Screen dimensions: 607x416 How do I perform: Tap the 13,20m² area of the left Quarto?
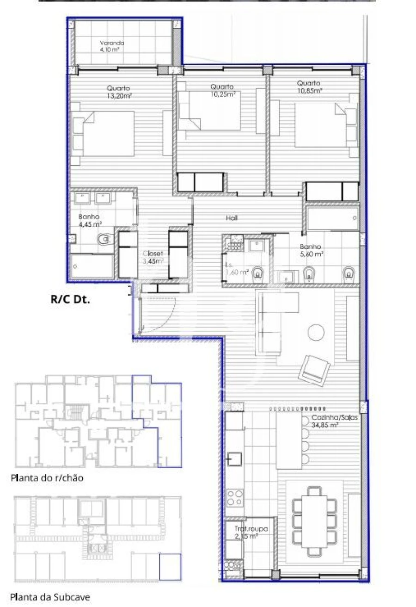tap(119, 92)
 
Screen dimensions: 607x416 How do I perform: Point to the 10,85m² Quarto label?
tap(309, 87)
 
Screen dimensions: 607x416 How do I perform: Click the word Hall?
tap(232, 217)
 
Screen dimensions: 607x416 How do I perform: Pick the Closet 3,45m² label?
tap(153, 257)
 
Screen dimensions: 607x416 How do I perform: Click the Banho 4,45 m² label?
tap(90, 220)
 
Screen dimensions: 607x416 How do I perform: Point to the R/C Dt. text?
tap(70, 299)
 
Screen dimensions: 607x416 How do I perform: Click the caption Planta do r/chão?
tap(47, 478)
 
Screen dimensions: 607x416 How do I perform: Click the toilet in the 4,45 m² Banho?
tap(104, 239)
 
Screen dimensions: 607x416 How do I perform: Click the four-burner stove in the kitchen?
tap(234, 498)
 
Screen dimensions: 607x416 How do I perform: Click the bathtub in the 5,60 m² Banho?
tap(331, 218)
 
